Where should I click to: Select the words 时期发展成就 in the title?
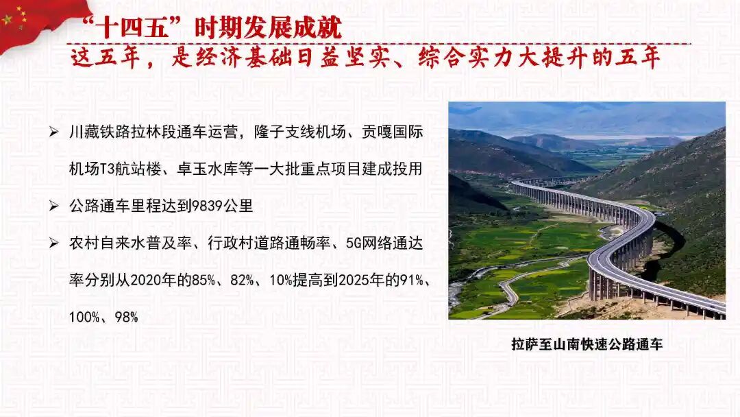click(268, 27)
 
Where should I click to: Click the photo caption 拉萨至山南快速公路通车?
click(587, 344)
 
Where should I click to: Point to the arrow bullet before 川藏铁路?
click(54, 132)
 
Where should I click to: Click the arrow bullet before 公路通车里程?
click(54, 206)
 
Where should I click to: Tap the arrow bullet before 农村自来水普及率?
click(54, 243)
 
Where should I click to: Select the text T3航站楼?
click(131, 169)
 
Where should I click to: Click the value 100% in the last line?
click(84, 318)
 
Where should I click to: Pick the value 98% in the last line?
click(127, 318)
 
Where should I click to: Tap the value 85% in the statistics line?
click(203, 281)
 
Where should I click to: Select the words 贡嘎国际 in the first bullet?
click(392, 132)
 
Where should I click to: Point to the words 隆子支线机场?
click(299, 132)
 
